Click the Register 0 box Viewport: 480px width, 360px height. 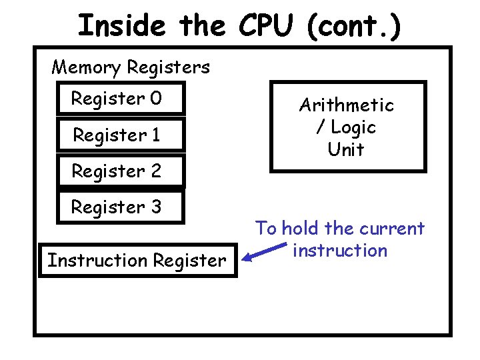tap(121, 99)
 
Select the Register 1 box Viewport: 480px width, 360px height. tap(121, 136)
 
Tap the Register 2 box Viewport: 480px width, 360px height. tap(121, 172)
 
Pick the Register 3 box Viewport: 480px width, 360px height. tap(121, 207)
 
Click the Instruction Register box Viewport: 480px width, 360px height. tap(137, 260)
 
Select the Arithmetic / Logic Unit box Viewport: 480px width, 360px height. tap(347, 127)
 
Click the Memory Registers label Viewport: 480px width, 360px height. tap(131, 67)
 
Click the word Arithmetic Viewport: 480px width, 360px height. tap(347, 105)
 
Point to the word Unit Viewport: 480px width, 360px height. tap(346, 150)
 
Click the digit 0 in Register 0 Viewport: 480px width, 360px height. tap(155, 99)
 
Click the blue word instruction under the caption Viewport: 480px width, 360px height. tap(340, 251)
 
